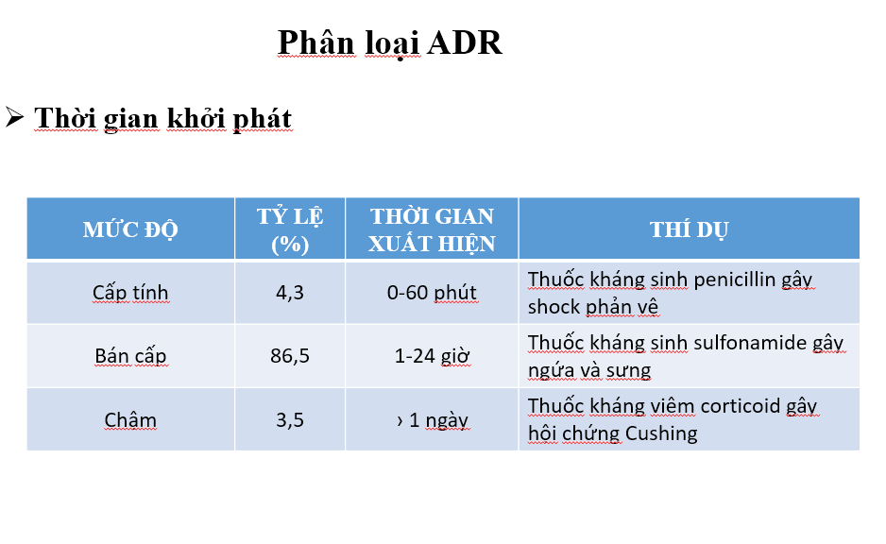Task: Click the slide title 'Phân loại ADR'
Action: tap(390, 42)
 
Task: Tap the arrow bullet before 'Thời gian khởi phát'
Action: tap(14, 117)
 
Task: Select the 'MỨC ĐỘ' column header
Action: tap(130, 229)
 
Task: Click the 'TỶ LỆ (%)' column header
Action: tap(290, 229)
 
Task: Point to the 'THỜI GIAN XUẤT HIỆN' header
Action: tap(432, 229)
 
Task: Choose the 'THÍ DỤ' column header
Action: tap(689, 229)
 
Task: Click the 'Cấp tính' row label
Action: tap(130, 293)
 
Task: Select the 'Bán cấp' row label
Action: tap(130, 356)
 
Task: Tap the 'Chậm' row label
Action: tap(130, 419)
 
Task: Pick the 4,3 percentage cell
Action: tap(290, 293)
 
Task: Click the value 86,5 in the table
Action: tap(290, 356)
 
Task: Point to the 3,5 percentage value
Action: tap(290, 419)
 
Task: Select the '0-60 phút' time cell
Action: tap(432, 293)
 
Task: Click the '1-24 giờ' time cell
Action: tap(432, 356)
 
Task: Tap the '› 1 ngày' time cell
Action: tap(433, 420)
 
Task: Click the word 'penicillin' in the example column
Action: tap(735, 280)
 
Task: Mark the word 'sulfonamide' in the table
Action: tap(750, 342)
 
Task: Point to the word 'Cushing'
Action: tap(661, 433)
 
